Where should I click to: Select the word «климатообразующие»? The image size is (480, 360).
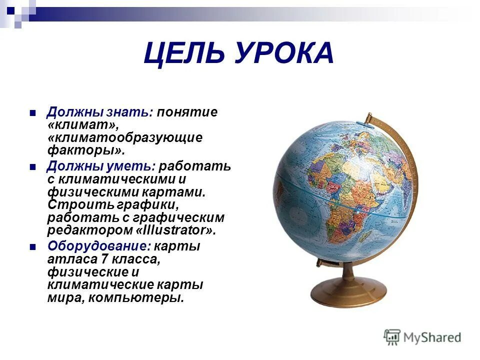[125, 137]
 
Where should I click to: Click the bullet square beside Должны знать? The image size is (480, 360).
[33, 112]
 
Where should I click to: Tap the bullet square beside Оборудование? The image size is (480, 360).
[33, 246]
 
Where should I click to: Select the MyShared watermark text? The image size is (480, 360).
[433, 337]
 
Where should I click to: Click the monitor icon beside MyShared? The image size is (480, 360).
[392, 337]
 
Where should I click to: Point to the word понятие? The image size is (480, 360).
[187, 112]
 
